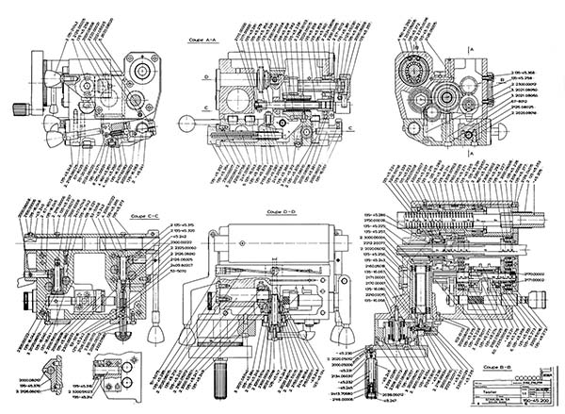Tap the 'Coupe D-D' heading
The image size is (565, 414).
click(282, 212)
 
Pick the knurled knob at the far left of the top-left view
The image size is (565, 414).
click(18, 108)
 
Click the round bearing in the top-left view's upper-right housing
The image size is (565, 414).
click(143, 72)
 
